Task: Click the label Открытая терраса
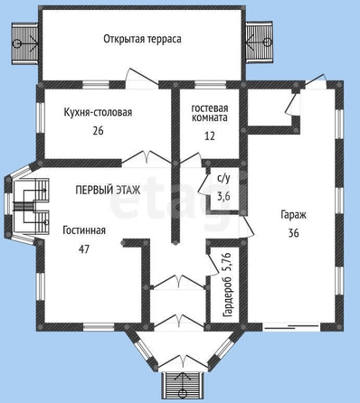click(142, 39)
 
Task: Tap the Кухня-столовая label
click(98, 112)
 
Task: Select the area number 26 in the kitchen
click(98, 131)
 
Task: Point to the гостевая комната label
click(210, 113)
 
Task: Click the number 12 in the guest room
click(210, 136)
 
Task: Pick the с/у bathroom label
click(223, 179)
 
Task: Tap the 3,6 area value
click(223, 196)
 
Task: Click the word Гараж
click(294, 215)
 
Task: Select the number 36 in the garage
click(293, 233)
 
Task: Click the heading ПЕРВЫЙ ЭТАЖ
click(108, 190)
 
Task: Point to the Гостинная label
click(84, 230)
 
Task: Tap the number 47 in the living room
click(84, 249)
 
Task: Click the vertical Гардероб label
click(228, 297)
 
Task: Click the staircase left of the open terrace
click(24, 43)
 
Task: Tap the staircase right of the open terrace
click(259, 42)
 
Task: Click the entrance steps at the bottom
click(182, 387)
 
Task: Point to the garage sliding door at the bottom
click(291, 327)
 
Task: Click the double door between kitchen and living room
click(147, 157)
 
